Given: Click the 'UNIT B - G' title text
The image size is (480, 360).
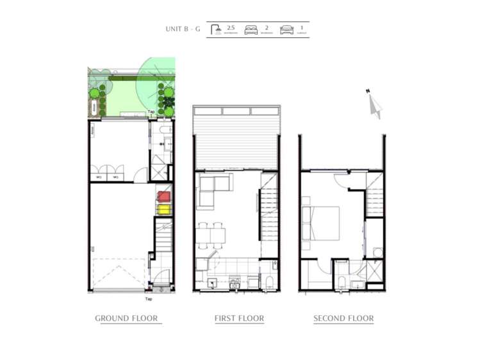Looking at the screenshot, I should click(183, 29).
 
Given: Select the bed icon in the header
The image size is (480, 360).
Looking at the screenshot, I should click(251, 30).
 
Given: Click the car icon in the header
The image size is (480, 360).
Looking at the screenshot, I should click(286, 30).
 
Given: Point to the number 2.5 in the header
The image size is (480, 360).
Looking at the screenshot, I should click(231, 28).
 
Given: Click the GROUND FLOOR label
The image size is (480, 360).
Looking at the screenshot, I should click(126, 318).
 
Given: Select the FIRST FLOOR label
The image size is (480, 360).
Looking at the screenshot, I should click(239, 318).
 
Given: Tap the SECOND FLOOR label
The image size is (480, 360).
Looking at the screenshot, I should click(343, 318).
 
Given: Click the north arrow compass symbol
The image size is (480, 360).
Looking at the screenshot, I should click(374, 104).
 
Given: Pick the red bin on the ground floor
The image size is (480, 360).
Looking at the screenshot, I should click(164, 197).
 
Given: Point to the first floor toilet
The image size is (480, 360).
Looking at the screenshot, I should click(268, 282).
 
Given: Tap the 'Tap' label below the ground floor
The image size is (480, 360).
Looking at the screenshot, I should click(148, 299).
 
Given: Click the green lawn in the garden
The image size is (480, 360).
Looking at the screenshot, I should click(131, 99).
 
